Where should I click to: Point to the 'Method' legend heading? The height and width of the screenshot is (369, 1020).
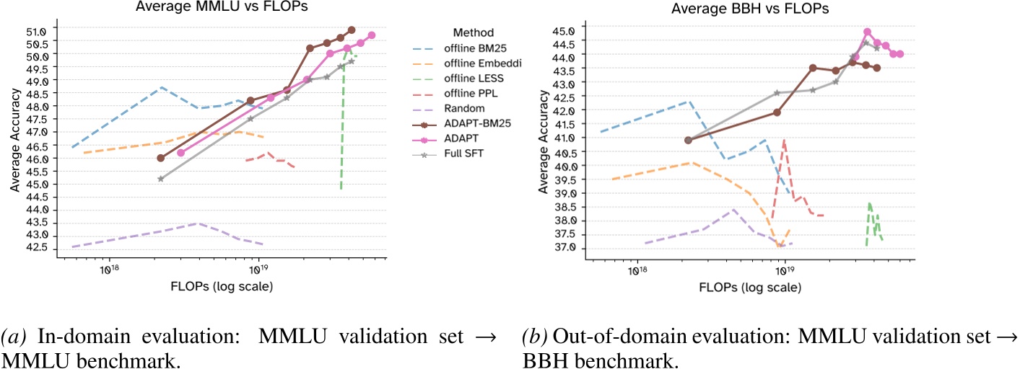(x=473, y=32)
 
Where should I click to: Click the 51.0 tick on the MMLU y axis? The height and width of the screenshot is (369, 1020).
(x=38, y=31)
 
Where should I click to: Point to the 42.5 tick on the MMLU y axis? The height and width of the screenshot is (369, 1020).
(x=38, y=248)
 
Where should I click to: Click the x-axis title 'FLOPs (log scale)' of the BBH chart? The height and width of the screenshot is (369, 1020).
(x=750, y=287)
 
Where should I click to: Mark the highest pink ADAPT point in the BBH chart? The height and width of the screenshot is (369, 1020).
(x=867, y=32)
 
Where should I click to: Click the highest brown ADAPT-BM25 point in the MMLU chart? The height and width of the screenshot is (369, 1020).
(x=352, y=30)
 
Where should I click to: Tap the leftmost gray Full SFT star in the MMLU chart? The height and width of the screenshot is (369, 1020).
(x=160, y=179)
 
